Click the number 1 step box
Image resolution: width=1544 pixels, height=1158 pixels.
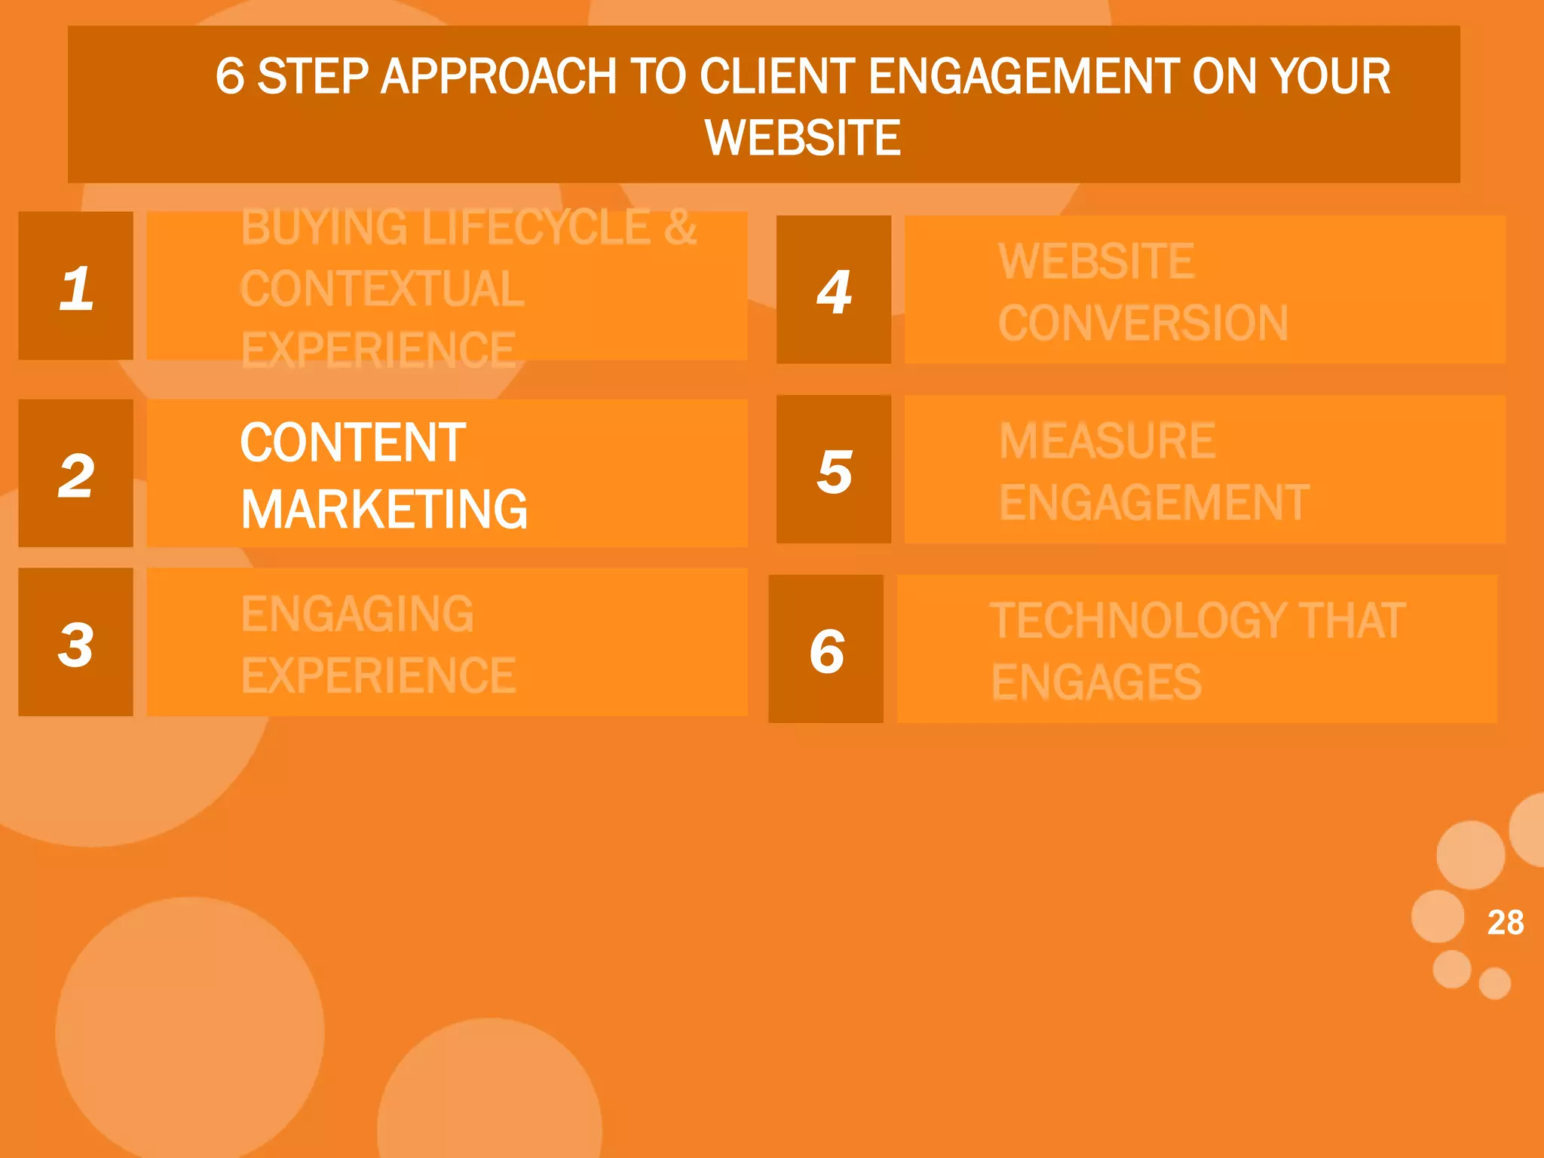coord(75,286)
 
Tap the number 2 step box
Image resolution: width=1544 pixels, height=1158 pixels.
coord(75,473)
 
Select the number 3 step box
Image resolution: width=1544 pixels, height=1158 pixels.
coord(75,642)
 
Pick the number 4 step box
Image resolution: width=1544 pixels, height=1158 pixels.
coord(834,290)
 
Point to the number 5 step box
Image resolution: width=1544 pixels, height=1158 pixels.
coord(834,470)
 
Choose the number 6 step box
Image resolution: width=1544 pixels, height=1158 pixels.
coord(826,649)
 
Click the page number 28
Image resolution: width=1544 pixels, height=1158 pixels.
coord(1505,922)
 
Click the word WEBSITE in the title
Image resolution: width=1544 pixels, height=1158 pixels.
coord(802,138)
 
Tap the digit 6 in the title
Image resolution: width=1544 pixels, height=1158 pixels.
coord(230,76)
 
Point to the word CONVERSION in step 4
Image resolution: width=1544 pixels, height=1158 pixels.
coord(1143,323)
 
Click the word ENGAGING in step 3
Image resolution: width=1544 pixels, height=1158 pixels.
coord(357,614)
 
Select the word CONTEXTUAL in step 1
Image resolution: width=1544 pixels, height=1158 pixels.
coord(382,289)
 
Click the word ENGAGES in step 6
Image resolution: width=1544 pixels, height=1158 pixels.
coord(1096,682)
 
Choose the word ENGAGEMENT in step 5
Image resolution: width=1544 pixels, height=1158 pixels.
coord(1154,503)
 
